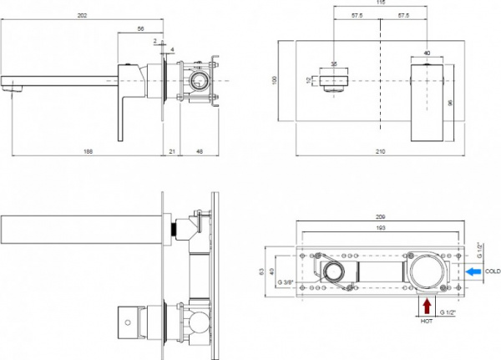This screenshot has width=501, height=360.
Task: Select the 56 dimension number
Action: [140, 27]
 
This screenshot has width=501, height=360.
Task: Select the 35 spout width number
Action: [335, 63]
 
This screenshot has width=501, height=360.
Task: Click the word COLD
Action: [493, 271]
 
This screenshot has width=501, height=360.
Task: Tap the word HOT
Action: [428, 318]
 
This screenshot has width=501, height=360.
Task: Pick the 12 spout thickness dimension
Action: [308, 80]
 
